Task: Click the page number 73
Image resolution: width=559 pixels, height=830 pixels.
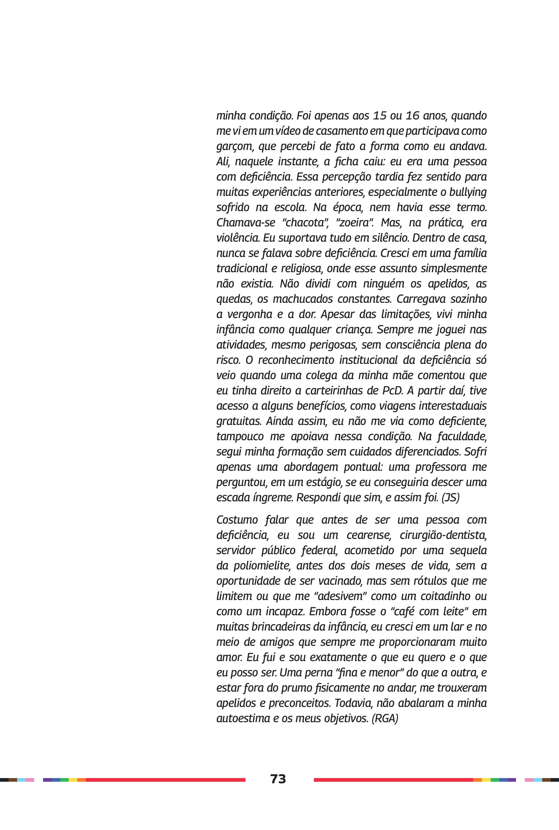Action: (278, 779)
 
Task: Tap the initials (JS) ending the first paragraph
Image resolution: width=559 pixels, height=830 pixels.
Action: (450, 498)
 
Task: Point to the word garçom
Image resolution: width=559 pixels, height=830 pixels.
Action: (234, 147)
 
